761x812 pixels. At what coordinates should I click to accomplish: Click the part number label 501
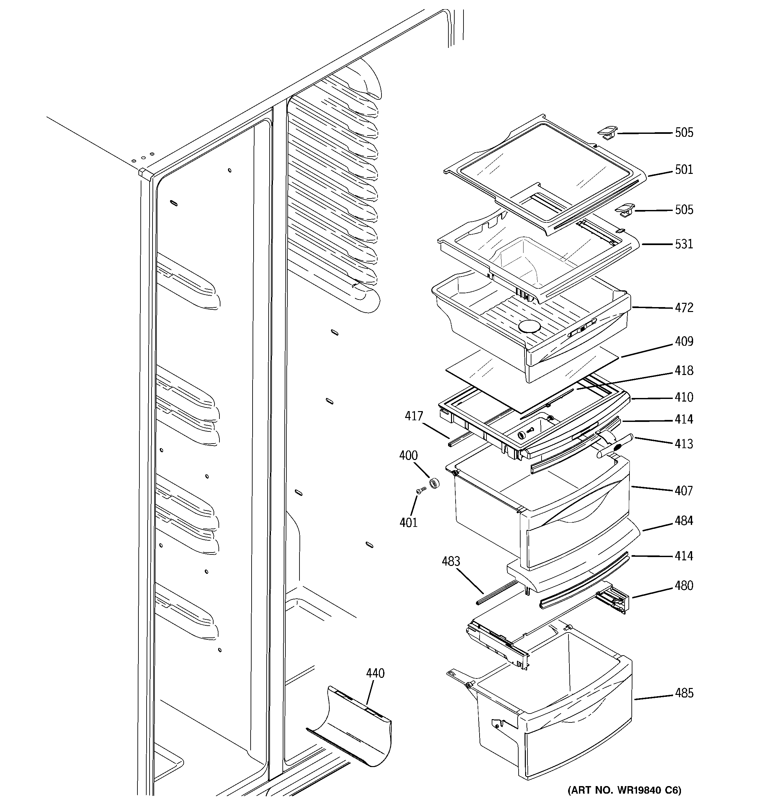coord(684,170)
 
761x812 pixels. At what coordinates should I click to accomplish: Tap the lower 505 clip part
coord(624,210)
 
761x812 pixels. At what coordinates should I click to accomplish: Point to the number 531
coord(684,244)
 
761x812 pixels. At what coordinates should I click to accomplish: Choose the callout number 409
coord(684,341)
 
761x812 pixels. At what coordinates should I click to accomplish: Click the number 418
coord(684,370)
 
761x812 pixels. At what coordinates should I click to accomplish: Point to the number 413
coord(684,444)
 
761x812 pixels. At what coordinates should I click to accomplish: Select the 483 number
coord(451,561)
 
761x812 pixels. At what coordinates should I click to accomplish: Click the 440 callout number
coord(375,673)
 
